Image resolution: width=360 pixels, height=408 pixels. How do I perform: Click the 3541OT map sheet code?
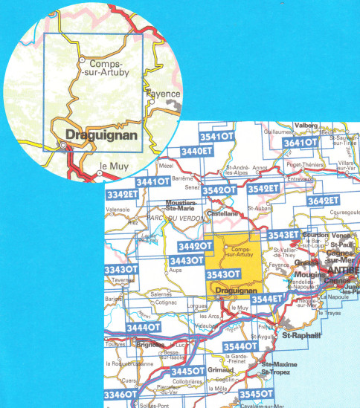pos(218,137)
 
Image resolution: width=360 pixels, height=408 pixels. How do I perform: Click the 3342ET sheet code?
pos(123,195)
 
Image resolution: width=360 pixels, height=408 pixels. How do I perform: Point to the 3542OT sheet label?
pos(220,191)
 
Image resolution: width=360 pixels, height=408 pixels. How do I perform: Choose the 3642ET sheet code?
pos(324,201)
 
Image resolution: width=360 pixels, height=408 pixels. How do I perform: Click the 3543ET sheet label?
pos(283,236)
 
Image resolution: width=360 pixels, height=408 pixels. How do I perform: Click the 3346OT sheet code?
pos(120,394)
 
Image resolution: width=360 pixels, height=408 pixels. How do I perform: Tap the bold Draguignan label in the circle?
pos(99,135)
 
